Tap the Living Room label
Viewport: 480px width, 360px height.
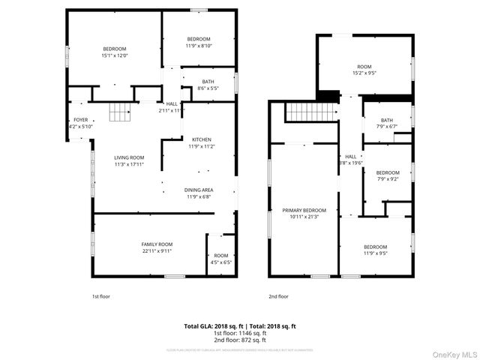tap(129, 157)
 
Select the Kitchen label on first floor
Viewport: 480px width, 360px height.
tap(201, 139)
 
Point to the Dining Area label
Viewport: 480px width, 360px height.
tap(199, 190)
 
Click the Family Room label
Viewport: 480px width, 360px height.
tap(157, 244)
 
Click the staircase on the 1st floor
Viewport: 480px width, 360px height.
tap(120, 112)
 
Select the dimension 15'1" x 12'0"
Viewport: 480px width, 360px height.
tap(115, 55)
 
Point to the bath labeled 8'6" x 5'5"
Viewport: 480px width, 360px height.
tap(207, 85)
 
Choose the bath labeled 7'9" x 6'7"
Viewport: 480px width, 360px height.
tap(386, 123)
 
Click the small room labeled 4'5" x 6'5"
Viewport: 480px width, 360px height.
tap(220, 259)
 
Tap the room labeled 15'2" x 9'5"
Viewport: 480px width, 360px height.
tap(364, 70)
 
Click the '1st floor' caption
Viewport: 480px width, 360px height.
tap(101, 296)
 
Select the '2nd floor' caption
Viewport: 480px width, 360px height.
tap(278, 296)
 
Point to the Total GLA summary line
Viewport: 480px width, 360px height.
tap(240, 326)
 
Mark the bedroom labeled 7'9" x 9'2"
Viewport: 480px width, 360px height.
tap(387, 175)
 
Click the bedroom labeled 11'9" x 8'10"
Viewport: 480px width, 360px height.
tap(199, 42)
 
